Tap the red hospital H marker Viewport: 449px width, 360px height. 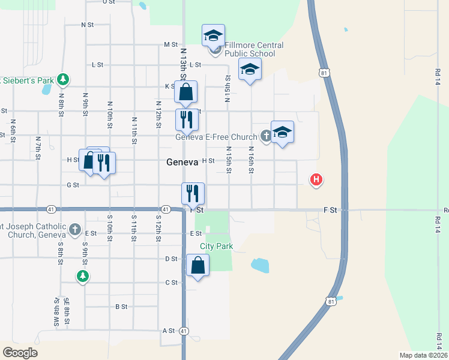coord(316,179)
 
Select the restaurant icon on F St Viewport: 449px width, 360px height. coord(193,193)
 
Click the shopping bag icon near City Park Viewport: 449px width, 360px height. coord(198,265)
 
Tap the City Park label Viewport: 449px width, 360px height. coord(216,246)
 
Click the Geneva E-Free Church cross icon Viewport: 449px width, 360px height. coord(265,137)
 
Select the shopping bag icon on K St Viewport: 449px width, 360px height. coord(185,92)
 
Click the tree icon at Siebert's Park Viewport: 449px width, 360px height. coord(62,79)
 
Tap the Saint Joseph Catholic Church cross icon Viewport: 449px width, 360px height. coord(75,229)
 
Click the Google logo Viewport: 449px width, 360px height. coord(20,353)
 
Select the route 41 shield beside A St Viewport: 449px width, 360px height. coord(184,331)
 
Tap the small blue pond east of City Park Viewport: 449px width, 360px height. coord(260,265)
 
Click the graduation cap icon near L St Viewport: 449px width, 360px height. coord(250,70)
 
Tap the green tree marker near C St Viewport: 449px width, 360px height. coord(83,276)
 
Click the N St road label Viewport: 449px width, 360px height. coord(88,25)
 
